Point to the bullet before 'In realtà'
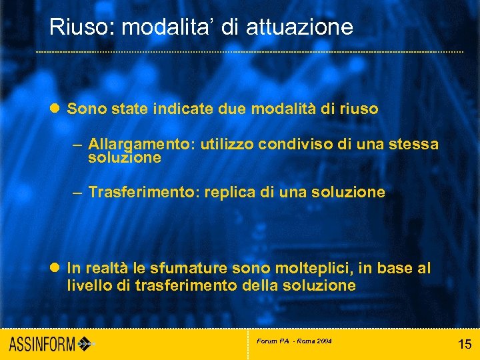[x=56, y=269]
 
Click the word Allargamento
[x=139, y=144]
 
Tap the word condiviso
[x=295, y=144]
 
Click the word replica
[x=232, y=193]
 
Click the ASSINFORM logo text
[x=42, y=345]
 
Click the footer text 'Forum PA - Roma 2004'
[x=294, y=341]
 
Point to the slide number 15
[x=465, y=345]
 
